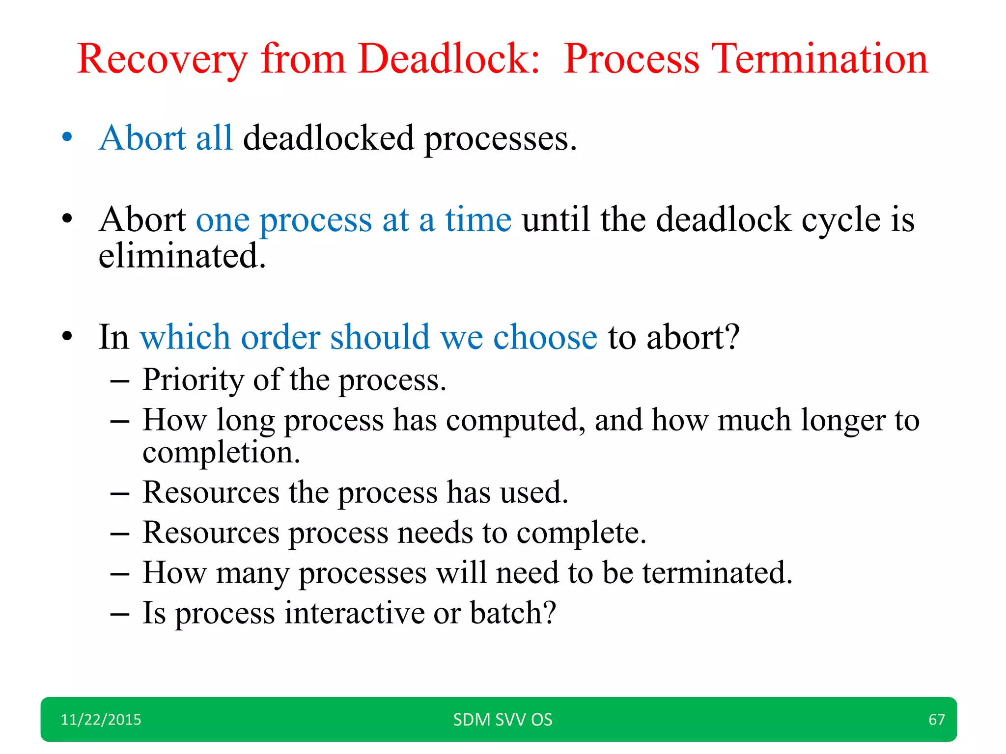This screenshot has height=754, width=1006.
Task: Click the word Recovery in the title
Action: pos(162,60)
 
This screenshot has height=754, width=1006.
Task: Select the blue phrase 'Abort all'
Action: pos(166,138)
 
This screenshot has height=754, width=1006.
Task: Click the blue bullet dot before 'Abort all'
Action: pos(67,137)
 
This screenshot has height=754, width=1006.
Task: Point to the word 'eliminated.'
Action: pos(182,256)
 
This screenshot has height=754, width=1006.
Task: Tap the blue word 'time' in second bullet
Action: pos(478,220)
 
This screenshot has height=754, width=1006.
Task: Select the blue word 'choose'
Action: pos(545,338)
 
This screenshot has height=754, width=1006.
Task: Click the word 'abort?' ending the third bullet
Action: pos(693,338)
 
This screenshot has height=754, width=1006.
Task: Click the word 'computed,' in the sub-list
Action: pos(516,421)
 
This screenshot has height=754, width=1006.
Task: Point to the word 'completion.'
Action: pos(221,453)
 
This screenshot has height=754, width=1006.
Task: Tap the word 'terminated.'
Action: pos(717,573)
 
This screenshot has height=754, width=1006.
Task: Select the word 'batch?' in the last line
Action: pos(513,613)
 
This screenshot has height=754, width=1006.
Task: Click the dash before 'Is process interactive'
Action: pos(120,614)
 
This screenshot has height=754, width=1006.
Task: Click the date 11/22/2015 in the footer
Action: pos(101,720)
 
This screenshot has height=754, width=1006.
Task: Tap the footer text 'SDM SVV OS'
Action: pos(503,720)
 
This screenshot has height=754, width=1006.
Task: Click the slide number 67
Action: pos(936,720)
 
